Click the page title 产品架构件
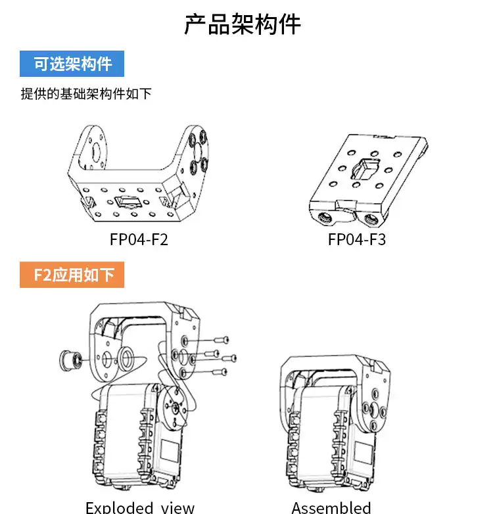click(x=243, y=24)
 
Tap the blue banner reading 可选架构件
click(x=72, y=64)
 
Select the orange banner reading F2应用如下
click(x=72, y=275)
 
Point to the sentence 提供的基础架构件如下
click(x=86, y=94)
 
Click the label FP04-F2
click(x=139, y=239)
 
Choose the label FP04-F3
click(x=357, y=239)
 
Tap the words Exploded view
click(x=140, y=507)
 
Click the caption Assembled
click(x=331, y=507)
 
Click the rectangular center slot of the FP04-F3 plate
click(x=366, y=168)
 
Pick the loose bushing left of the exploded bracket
click(x=70, y=361)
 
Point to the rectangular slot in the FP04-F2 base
click(x=128, y=201)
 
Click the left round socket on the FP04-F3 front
click(x=325, y=218)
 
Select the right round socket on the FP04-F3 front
click(x=371, y=218)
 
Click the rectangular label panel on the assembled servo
click(x=364, y=452)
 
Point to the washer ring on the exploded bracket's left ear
click(x=126, y=358)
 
